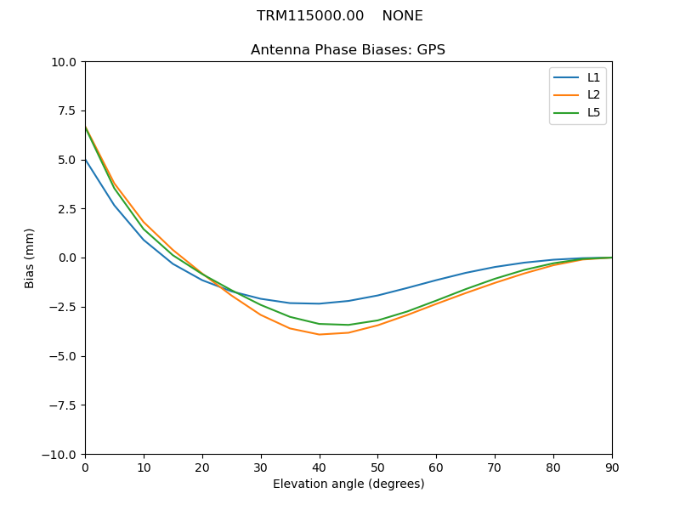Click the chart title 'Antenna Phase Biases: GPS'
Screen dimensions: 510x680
coord(348,50)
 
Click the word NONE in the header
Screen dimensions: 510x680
coord(402,16)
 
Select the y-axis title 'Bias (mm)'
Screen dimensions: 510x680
coord(30,258)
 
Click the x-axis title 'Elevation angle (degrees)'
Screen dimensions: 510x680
coord(348,484)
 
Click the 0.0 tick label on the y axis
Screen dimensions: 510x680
coord(65,258)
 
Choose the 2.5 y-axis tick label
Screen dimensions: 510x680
coord(65,209)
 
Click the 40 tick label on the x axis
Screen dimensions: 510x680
coord(320,467)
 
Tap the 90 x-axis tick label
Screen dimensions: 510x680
coord(612,467)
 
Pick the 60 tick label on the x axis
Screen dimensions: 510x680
coord(436,467)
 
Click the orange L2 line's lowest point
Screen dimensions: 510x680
coord(320,334)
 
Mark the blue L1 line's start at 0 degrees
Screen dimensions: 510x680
coord(85,159)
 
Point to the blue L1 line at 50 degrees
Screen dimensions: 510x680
coord(377,296)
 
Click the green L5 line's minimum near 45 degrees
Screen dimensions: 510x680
coord(348,325)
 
